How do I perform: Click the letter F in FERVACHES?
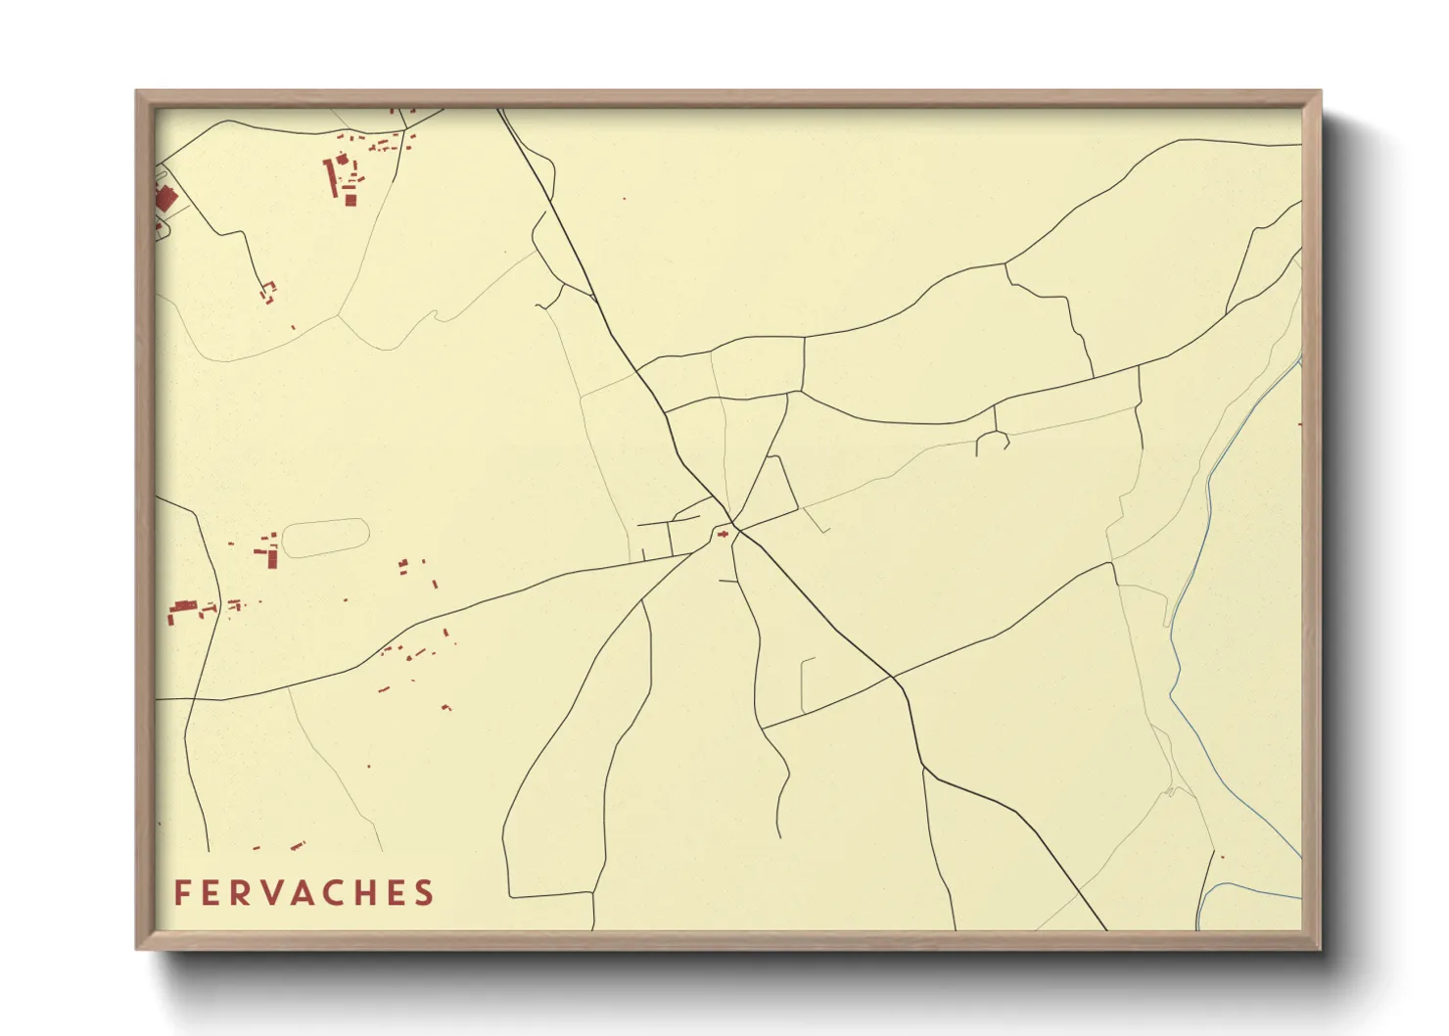tap(181, 893)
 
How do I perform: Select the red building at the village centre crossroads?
tap(724, 534)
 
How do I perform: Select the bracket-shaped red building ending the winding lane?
tap(267, 291)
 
